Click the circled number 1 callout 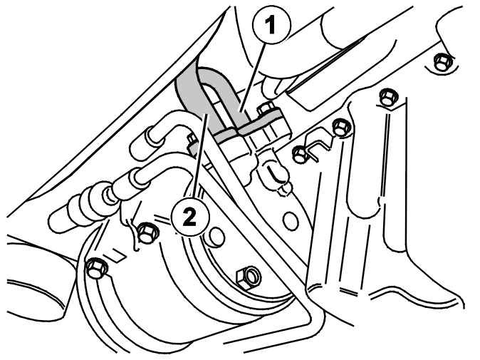click(271, 25)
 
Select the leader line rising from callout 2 click(200, 155)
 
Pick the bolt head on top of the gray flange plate click(266, 108)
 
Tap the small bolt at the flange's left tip click(192, 140)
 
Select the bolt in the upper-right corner click(442, 62)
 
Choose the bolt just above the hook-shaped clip click(341, 127)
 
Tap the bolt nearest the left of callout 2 click(147, 233)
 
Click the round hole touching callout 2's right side click(216, 237)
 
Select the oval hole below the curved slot click(290, 220)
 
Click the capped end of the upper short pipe click(152, 134)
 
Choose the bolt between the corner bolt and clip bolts click(388, 98)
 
